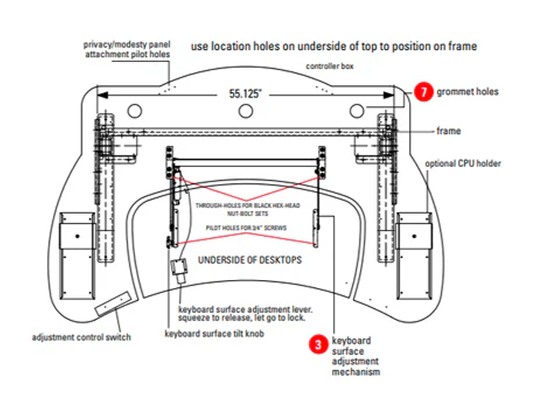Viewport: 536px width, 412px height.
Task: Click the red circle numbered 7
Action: (423, 91)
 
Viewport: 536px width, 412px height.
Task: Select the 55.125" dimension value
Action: (245, 94)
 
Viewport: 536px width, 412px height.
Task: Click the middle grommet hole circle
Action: (246, 111)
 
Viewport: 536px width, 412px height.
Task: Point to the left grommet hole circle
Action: (134, 111)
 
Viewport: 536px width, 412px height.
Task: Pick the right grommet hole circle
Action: (357, 111)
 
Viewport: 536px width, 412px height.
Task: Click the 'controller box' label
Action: (330, 66)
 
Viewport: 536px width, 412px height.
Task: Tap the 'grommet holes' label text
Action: (467, 91)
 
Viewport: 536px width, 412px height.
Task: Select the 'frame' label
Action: (448, 131)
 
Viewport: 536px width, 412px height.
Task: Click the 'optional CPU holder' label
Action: (463, 163)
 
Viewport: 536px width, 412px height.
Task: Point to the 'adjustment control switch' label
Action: (81, 337)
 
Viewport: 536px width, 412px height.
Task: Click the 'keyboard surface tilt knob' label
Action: (214, 334)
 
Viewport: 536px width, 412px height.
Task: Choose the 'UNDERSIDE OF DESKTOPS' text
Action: (250, 260)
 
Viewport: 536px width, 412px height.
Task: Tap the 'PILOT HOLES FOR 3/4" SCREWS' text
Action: (246, 228)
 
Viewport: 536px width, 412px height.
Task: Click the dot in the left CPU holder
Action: (77, 236)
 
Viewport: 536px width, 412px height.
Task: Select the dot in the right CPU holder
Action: (414, 236)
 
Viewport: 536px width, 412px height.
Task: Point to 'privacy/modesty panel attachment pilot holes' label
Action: (127, 49)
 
